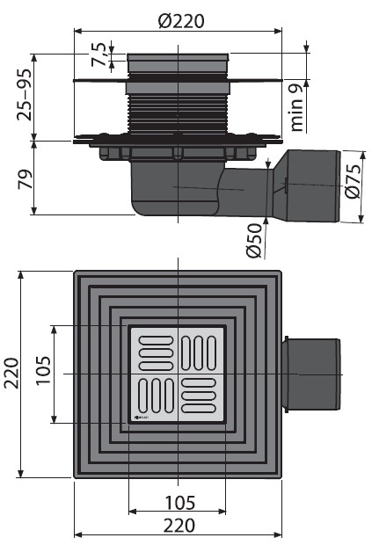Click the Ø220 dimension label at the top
(x=181, y=20)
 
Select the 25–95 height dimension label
(x=25, y=95)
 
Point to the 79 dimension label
(x=25, y=179)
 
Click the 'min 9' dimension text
(x=295, y=110)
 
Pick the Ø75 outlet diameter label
(x=353, y=181)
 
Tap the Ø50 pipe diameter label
(x=254, y=241)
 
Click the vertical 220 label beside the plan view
(x=11, y=373)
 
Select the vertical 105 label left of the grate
(x=43, y=370)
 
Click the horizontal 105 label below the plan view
(x=179, y=503)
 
